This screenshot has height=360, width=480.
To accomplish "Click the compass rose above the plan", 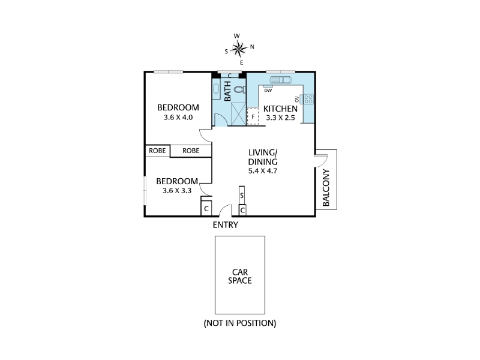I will click(241, 47).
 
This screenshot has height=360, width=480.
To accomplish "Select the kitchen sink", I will click(280, 80).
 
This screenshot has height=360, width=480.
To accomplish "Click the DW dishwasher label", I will click(268, 91).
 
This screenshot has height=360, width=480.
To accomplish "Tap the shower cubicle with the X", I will click(236, 113).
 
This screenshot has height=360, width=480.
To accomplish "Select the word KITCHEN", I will click(281, 109).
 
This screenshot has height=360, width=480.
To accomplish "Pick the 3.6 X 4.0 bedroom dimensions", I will click(178, 118).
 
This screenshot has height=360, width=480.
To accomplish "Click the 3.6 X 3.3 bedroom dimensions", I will click(177, 191).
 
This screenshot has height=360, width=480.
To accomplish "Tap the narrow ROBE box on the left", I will click(157, 151).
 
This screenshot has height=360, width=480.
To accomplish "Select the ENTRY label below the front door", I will click(226, 226).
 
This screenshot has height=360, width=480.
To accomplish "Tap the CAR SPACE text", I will click(240, 275).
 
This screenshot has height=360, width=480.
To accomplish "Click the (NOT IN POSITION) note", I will click(240, 323).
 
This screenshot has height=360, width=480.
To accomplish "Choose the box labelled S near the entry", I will click(242, 196).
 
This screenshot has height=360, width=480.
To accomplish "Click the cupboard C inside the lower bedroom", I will click(206, 209).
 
